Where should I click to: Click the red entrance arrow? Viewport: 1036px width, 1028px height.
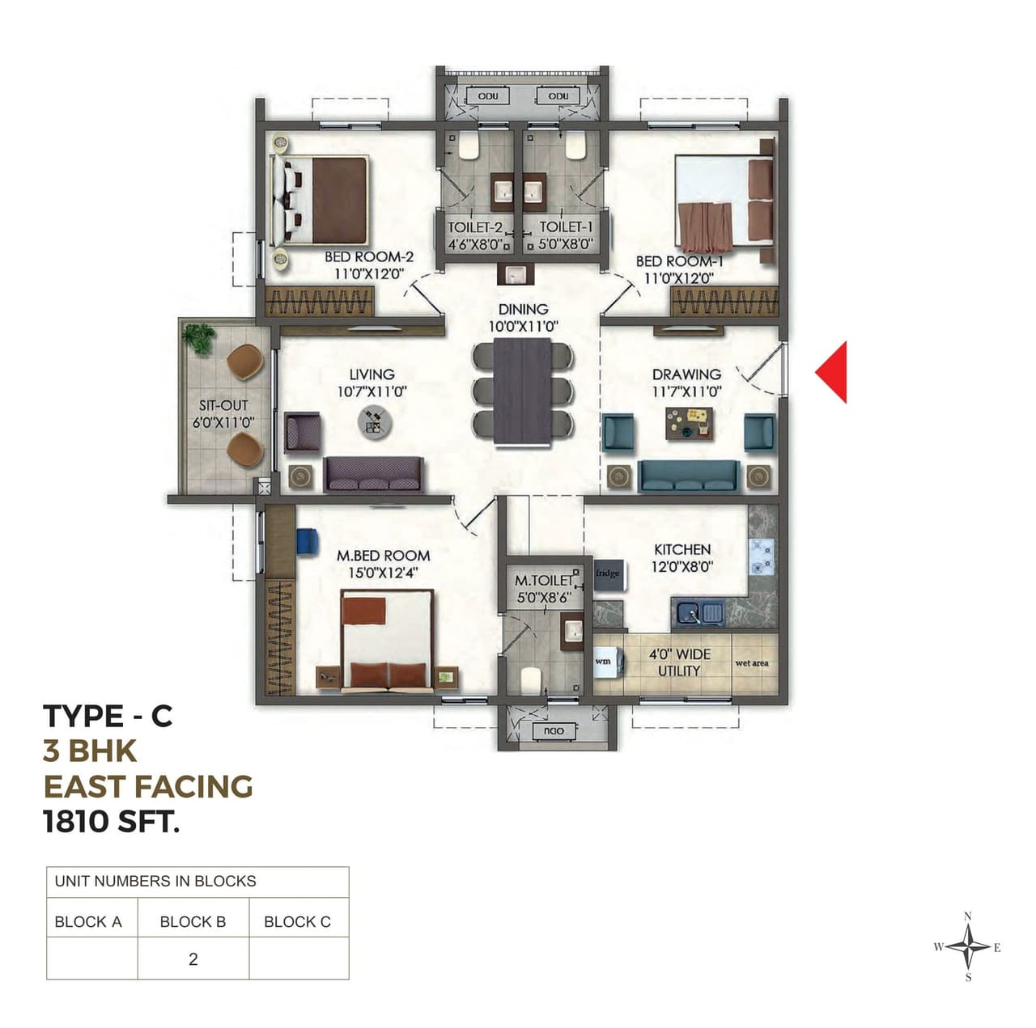click(834, 372)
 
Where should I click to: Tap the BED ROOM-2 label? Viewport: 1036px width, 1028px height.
click(369, 257)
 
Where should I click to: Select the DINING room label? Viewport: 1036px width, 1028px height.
click(523, 309)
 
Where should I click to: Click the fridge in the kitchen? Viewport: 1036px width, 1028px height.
click(609, 574)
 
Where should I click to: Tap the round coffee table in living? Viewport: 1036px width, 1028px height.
click(375, 421)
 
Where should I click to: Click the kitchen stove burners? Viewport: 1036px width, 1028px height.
click(761, 556)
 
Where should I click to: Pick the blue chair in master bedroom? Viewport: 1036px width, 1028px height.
click(307, 540)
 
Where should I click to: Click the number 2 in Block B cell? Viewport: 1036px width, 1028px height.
click(193, 959)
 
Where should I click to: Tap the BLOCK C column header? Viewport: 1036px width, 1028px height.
click(297, 921)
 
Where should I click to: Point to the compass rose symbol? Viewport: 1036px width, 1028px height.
click(969, 947)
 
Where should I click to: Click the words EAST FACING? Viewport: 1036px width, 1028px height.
click(148, 786)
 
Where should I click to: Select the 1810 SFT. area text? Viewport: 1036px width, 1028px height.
click(111, 822)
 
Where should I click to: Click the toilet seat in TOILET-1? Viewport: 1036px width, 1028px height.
click(575, 147)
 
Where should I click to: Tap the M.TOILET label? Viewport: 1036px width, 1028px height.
click(543, 581)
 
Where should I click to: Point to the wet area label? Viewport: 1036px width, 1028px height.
click(752, 663)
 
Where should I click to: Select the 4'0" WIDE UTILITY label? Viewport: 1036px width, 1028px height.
click(679, 662)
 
